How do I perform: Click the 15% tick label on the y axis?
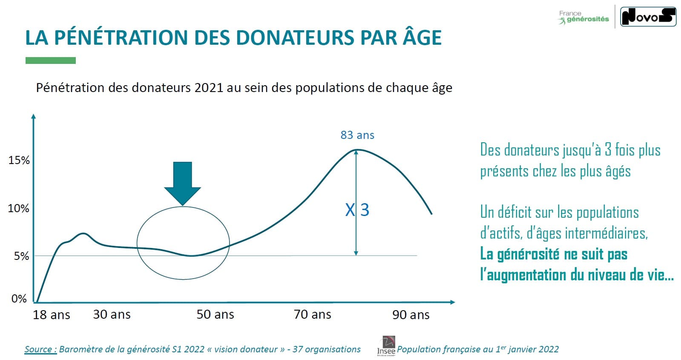19,160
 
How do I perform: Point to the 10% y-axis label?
19,208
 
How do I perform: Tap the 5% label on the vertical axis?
21,256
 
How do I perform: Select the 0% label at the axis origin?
19,299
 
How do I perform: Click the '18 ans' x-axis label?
51,315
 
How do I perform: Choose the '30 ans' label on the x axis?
112,314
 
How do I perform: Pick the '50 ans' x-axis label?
215,314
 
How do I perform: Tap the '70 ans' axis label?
312,314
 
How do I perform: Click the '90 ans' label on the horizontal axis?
411,315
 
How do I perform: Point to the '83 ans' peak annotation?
357,135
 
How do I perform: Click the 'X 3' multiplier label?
357,210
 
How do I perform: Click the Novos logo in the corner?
648,17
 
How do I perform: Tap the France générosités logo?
584,17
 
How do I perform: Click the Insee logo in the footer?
386,346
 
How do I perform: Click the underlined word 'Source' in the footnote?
40,349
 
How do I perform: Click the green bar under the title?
50,60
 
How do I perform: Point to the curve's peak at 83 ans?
357,150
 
